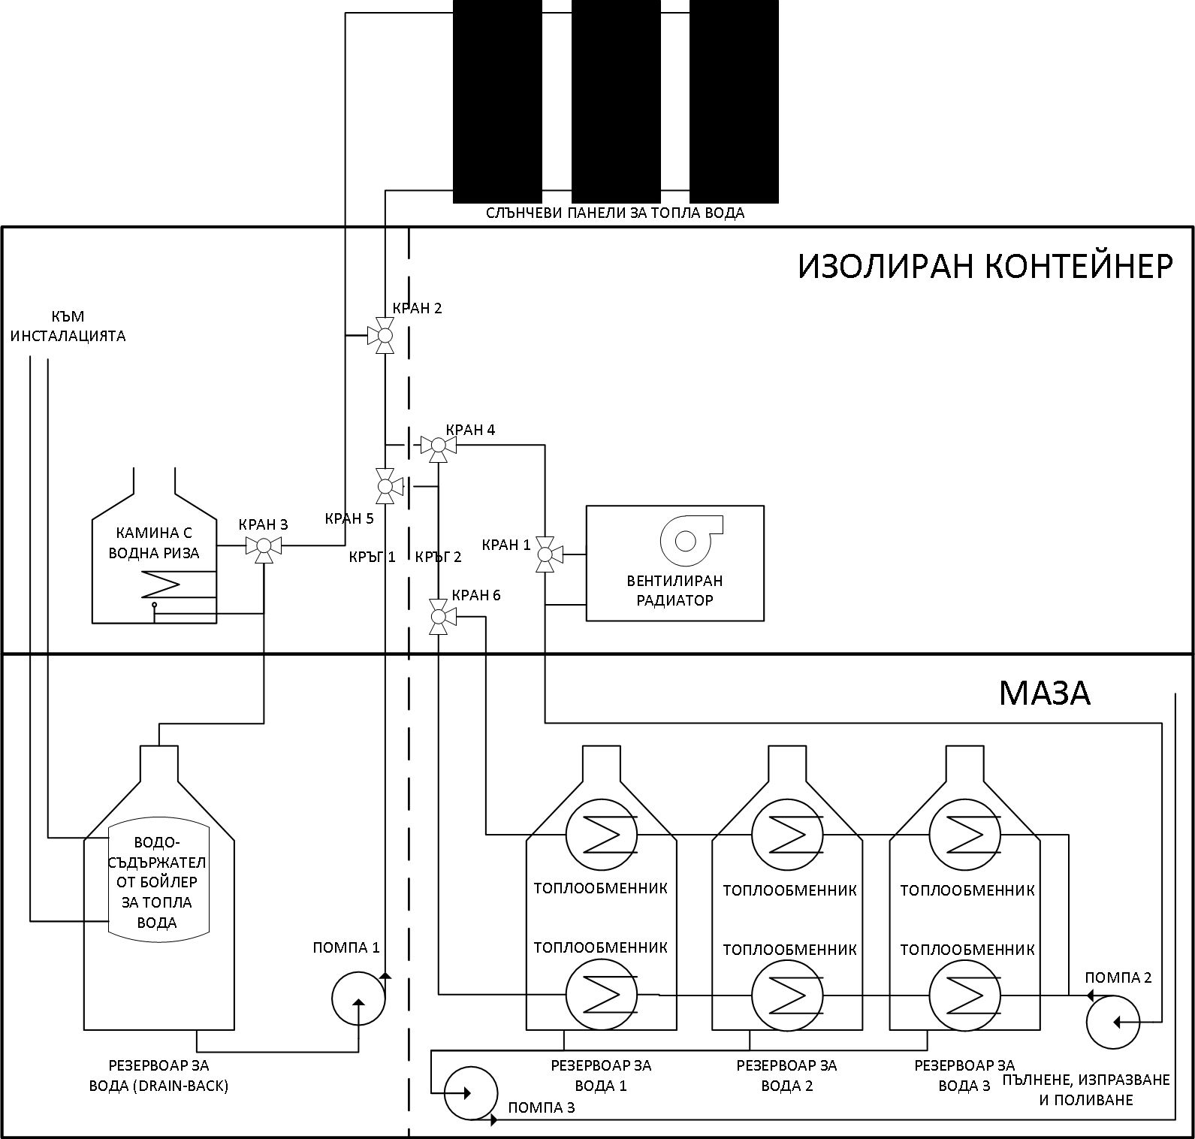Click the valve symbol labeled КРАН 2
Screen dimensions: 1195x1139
coord(384,335)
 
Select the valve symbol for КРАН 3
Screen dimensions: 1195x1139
coord(264,547)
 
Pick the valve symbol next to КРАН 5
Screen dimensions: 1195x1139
coord(386,486)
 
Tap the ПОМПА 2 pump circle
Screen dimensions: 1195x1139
coord(1113,1021)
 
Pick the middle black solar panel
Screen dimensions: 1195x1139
coord(616,101)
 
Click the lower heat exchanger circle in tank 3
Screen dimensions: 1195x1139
coord(964,994)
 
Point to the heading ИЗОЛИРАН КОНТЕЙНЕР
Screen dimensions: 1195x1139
coord(985,266)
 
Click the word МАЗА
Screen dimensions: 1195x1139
coord(1044,693)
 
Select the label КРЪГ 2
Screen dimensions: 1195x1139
coord(438,557)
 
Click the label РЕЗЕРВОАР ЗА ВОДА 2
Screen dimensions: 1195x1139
coord(786,1075)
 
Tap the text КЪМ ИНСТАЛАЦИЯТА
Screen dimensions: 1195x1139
coord(68,326)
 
